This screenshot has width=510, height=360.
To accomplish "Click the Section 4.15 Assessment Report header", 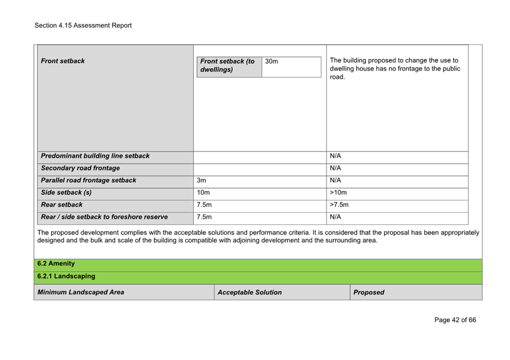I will (83, 25).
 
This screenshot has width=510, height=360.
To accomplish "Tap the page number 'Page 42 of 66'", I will (455, 320).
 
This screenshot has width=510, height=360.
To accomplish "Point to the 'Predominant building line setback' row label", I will (95, 156).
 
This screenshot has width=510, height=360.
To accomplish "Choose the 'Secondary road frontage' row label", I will (80, 168).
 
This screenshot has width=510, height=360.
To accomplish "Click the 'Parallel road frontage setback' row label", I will (88, 180).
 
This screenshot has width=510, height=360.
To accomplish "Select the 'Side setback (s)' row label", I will (66, 193).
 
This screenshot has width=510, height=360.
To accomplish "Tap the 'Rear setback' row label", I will (61, 205).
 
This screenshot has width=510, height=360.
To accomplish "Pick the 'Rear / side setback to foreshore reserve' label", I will (104, 217).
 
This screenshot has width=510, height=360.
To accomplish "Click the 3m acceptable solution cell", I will (201, 180).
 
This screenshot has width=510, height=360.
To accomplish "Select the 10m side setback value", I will (203, 193).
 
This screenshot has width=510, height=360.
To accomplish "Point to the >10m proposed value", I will (338, 193).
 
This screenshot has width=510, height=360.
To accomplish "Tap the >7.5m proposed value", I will (340, 205).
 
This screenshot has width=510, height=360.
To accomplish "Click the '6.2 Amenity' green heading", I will (56, 264).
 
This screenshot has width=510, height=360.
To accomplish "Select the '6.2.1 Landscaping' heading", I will (66, 276).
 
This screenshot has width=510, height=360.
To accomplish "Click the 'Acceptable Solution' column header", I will (250, 292).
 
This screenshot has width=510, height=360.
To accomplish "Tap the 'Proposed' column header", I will (369, 292).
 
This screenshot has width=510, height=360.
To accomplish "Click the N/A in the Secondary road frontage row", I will (336, 168).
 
